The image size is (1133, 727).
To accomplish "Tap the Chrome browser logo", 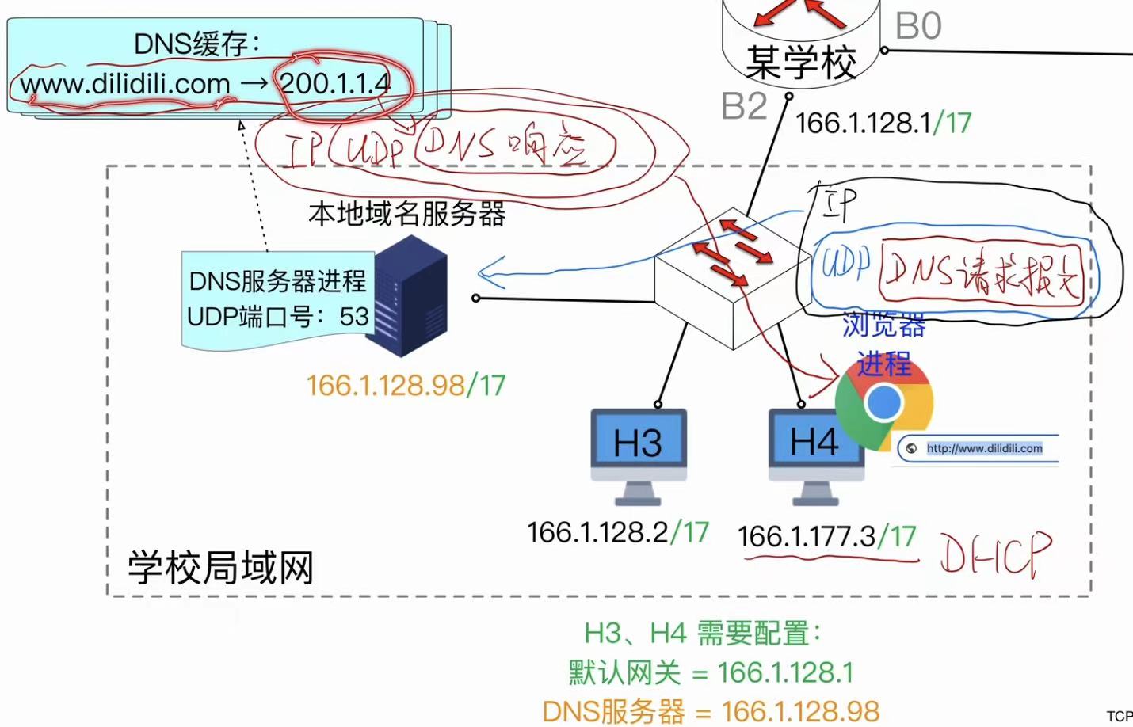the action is pos(883,403).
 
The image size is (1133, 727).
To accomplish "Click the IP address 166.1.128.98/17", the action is pos(406,386).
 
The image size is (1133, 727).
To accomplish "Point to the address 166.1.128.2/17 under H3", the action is pos(617,532).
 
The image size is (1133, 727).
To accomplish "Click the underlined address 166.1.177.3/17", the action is pos(826,537).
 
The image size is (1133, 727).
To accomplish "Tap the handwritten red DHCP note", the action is pos(996,554).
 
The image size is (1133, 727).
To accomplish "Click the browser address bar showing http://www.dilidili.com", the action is pos(983,448).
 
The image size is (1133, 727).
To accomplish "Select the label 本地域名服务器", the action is pos(406,214).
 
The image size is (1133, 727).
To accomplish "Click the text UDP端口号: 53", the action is pos(278,317).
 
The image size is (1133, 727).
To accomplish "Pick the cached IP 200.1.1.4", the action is pos(336,83).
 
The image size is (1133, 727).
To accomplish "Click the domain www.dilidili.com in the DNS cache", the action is pos(125,84).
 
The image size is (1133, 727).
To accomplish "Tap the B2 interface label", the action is pos(744,106).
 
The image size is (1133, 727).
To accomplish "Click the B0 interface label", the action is pos(918,26).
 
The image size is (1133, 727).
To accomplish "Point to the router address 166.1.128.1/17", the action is pos(883,123).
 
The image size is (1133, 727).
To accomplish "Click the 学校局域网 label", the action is pos(221,568).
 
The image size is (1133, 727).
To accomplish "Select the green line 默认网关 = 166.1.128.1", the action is pos(711,673).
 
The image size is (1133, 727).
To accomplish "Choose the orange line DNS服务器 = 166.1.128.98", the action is pos(711,711).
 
